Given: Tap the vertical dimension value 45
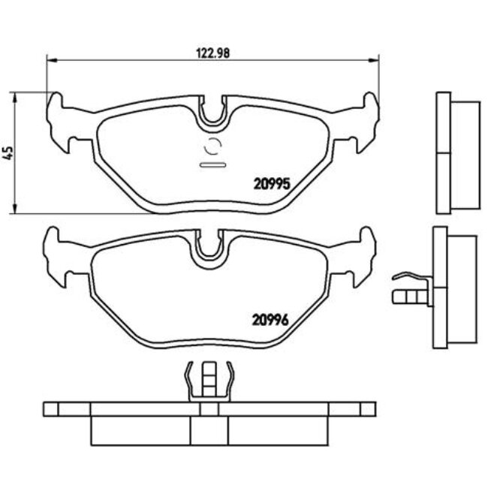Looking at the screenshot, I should click(x=8, y=152).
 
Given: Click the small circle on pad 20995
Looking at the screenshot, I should click(x=212, y=147).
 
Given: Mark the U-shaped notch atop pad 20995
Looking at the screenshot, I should click(x=213, y=113).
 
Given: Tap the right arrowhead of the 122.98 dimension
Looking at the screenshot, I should click(x=376, y=60).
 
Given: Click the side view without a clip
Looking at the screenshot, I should click(x=454, y=154).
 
